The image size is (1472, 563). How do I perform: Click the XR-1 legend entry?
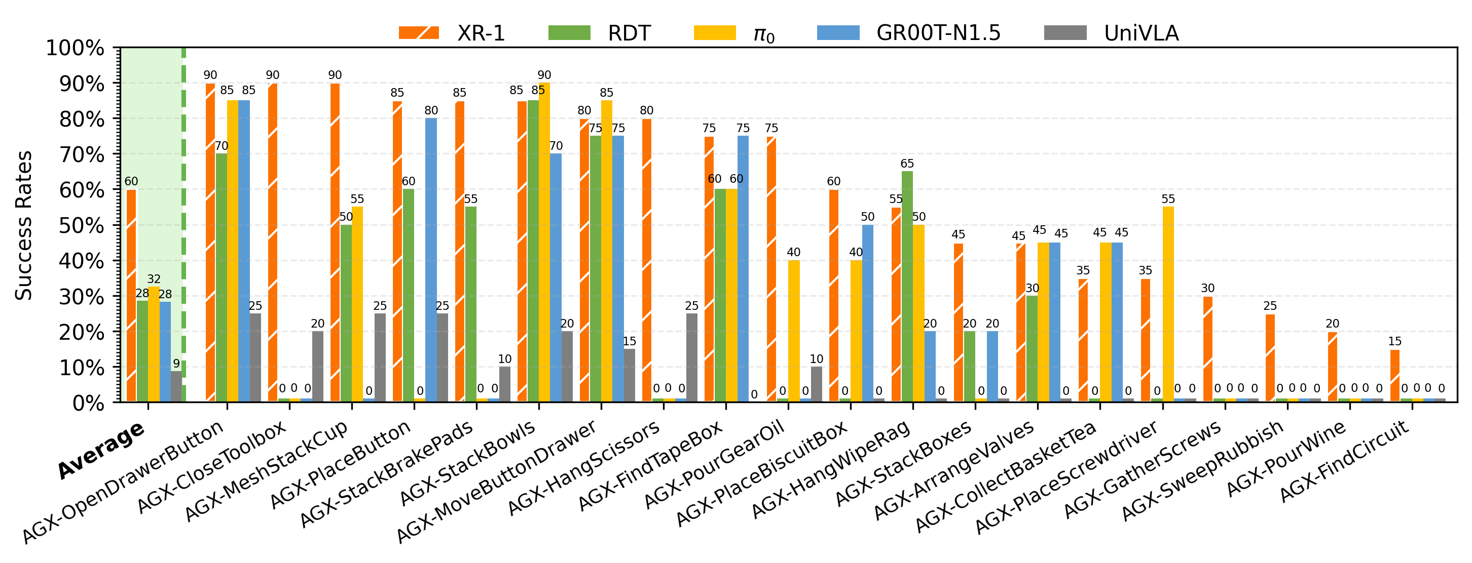click(452, 33)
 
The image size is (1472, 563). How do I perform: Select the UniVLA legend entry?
click(1112, 33)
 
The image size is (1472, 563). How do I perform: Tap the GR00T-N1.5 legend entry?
click(908, 33)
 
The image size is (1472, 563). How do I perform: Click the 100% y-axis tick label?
click(75, 48)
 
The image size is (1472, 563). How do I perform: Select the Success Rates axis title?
click(24, 225)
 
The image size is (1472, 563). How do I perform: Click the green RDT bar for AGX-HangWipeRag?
click(907, 286)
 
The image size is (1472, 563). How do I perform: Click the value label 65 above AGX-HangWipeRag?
click(907, 164)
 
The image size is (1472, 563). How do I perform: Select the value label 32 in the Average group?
click(154, 279)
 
